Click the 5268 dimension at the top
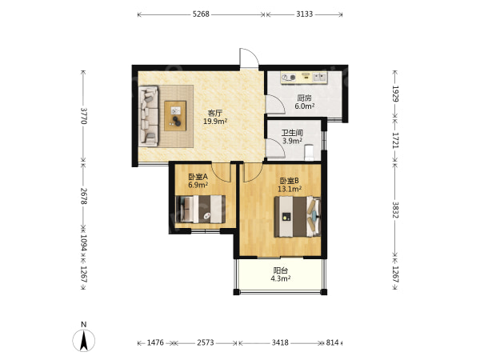[201, 14]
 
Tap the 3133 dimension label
[305, 14]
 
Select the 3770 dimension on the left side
[83, 116]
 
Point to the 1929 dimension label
[395, 94]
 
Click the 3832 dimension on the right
[395, 210]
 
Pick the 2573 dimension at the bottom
[206, 342]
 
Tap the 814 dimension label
[332, 342]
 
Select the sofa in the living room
[149, 116]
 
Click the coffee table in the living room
[175, 116]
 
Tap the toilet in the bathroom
[309, 153]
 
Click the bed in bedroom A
[201, 209]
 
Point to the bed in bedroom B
[298, 217]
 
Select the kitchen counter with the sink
[304, 78]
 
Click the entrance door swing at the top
[249, 58]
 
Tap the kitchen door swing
[275, 105]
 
